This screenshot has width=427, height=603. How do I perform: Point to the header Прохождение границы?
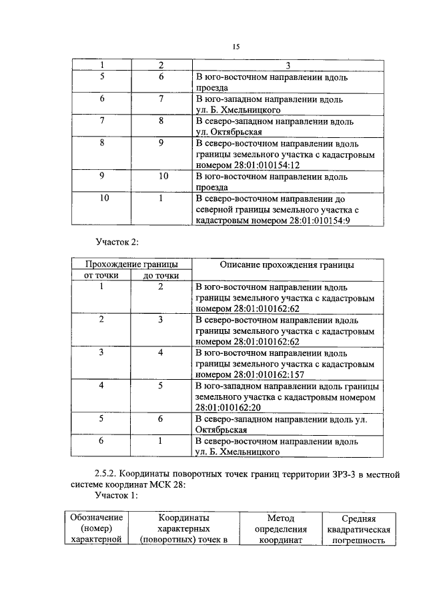point(131,265)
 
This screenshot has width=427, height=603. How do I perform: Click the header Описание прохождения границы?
point(288,265)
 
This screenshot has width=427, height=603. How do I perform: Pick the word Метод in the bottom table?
point(281,518)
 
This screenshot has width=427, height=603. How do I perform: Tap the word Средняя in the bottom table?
point(359,518)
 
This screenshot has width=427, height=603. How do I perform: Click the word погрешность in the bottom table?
point(359,541)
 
